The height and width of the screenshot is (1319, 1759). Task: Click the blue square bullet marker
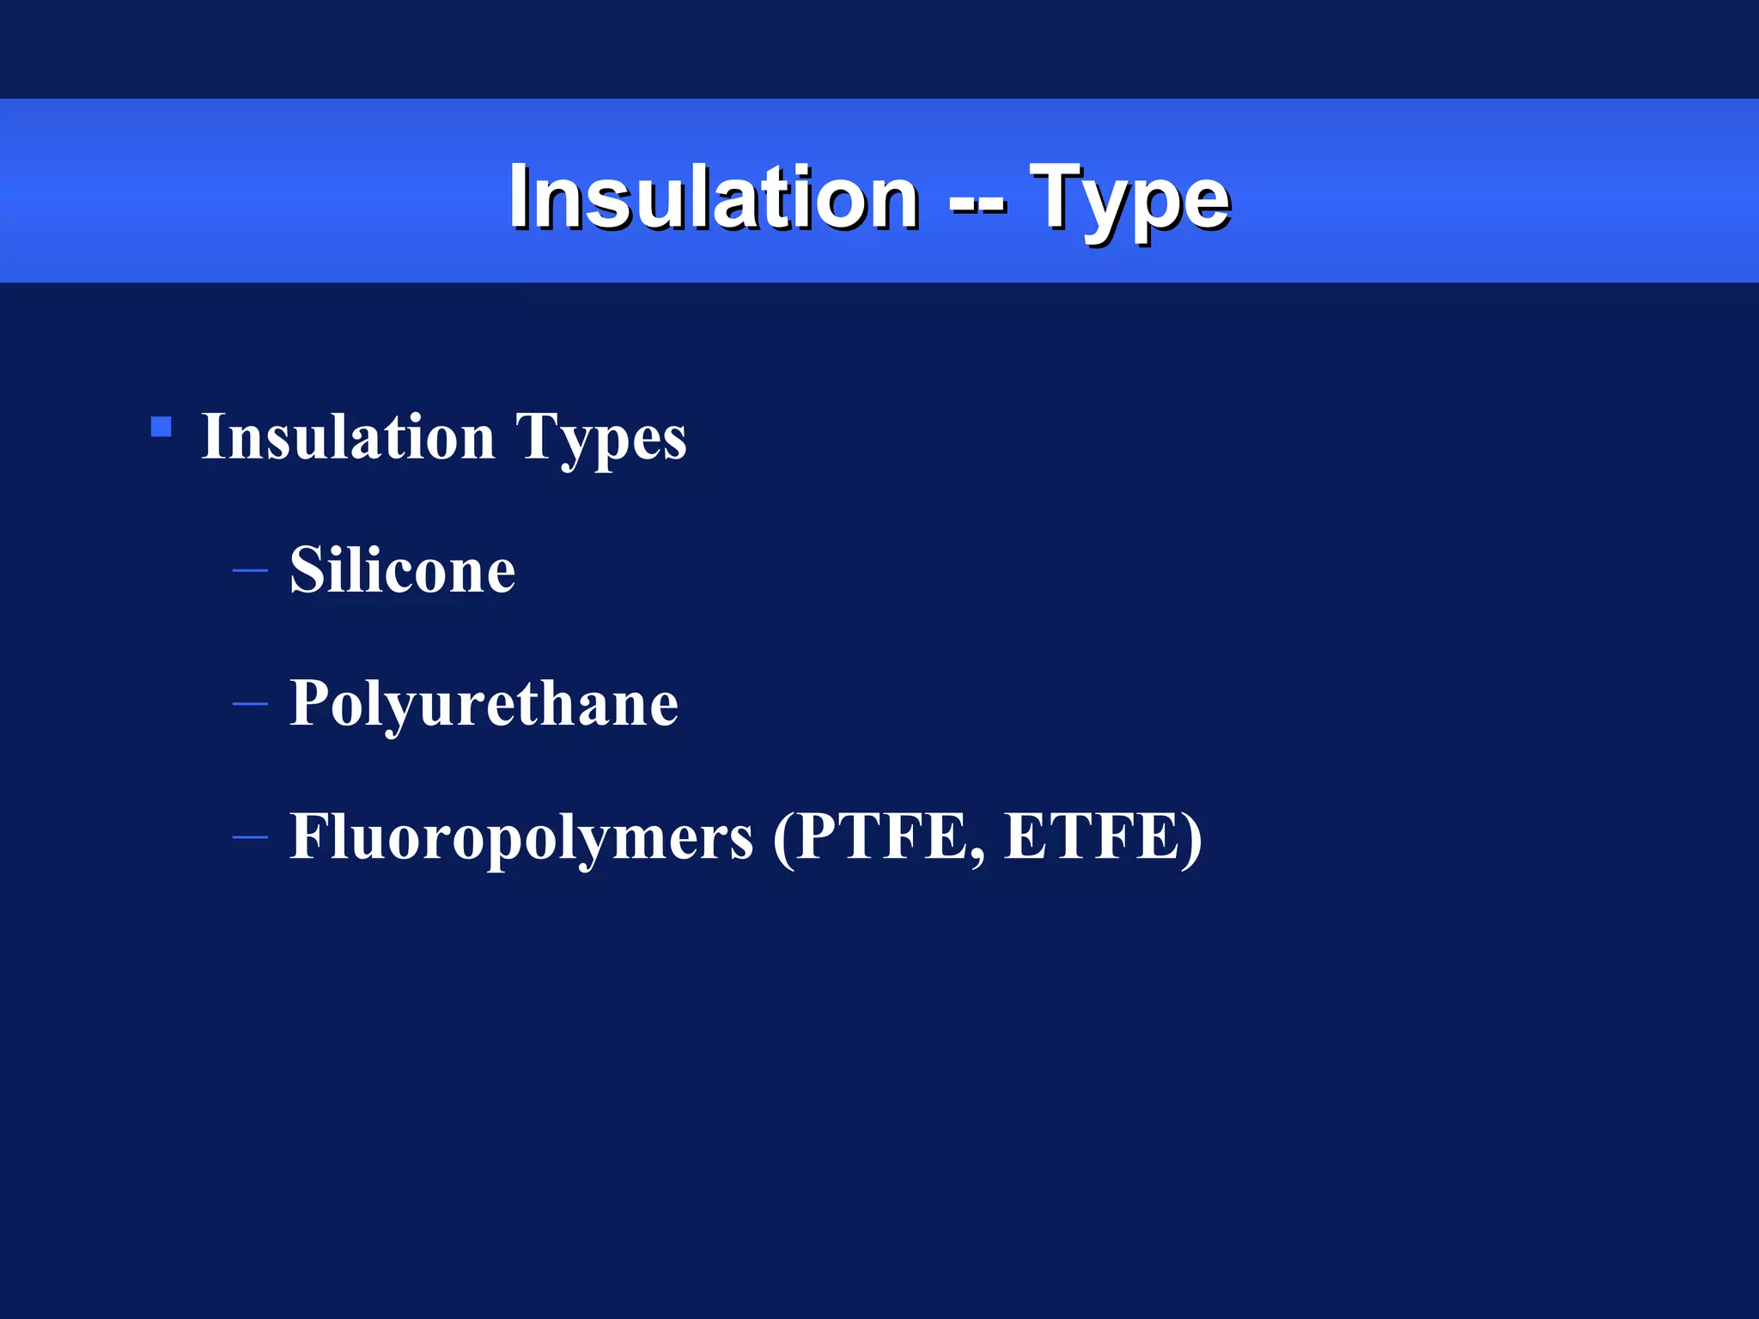tap(161, 427)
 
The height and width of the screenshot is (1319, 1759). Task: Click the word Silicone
tap(402, 570)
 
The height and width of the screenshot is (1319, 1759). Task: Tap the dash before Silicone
tap(250, 570)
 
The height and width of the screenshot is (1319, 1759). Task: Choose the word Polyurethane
tap(484, 704)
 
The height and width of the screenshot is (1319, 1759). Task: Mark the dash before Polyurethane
tap(250, 704)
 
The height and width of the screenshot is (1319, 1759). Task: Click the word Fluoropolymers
tap(520, 837)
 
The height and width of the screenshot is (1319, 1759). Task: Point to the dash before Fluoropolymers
tap(250, 837)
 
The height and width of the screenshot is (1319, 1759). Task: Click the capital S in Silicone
tap(307, 570)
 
